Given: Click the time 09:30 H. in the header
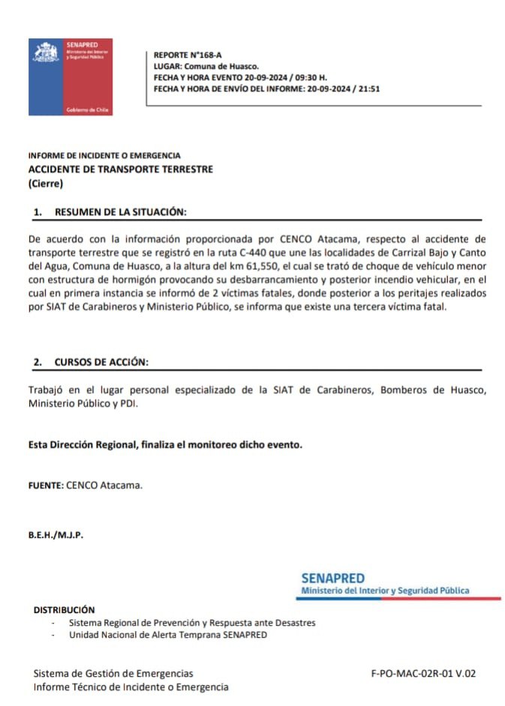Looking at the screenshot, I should click(x=308, y=77).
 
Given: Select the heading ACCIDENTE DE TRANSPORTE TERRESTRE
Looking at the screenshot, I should click(x=120, y=169).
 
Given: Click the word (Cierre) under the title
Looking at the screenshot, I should click(x=46, y=184).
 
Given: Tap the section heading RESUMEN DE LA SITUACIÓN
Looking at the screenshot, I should click(x=119, y=213).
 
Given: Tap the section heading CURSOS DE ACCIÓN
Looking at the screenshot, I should click(x=101, y=362).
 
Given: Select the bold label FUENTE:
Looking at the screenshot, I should click(x=45, y=485).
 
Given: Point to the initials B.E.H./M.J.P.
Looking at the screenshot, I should click(x=56, y=535).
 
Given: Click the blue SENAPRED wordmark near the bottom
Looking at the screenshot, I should click(x=332, y=579).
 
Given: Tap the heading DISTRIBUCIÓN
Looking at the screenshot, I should click(x=64, y=610).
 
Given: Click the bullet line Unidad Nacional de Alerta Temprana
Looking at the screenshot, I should click(x=167, y=635).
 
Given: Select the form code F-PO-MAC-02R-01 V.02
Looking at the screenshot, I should click(x=423, y=674).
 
